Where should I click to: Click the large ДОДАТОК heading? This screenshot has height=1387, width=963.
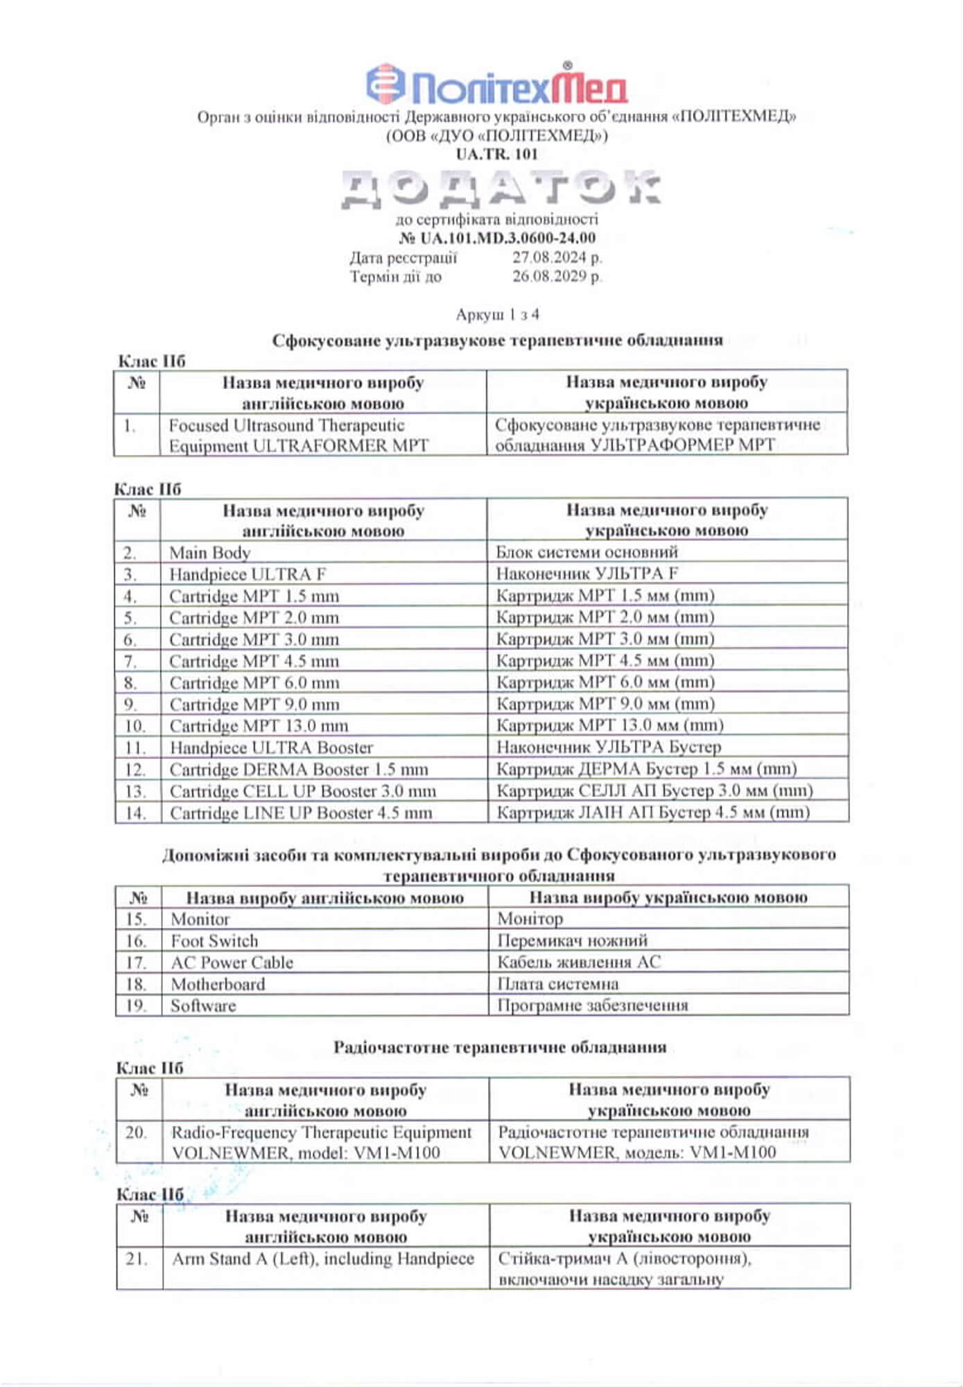500,189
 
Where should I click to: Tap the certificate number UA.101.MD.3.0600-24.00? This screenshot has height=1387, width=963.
497,238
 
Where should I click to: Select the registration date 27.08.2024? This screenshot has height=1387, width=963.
557,258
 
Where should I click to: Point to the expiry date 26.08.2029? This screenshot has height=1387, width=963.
557,277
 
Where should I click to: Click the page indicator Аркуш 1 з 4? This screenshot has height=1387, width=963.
497,315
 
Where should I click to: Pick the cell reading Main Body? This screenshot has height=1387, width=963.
209,553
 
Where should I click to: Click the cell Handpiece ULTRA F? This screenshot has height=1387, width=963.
248,574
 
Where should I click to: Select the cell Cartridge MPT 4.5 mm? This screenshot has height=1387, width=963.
254,661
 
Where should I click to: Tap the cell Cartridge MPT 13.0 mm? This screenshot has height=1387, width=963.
259,726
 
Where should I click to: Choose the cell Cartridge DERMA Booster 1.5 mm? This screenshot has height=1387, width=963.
299,770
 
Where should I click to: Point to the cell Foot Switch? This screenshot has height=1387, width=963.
214,941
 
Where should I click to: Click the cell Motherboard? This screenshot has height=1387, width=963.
218,984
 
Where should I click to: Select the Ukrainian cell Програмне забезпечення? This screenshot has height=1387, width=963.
593,1006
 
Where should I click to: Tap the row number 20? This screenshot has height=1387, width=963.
136,1132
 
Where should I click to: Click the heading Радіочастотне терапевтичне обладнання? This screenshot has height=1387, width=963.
500,1047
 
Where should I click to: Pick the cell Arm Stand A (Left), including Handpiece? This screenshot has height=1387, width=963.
323,1259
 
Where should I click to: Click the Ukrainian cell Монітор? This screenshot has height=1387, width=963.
530,919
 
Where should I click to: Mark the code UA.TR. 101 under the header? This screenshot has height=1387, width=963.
496,154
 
